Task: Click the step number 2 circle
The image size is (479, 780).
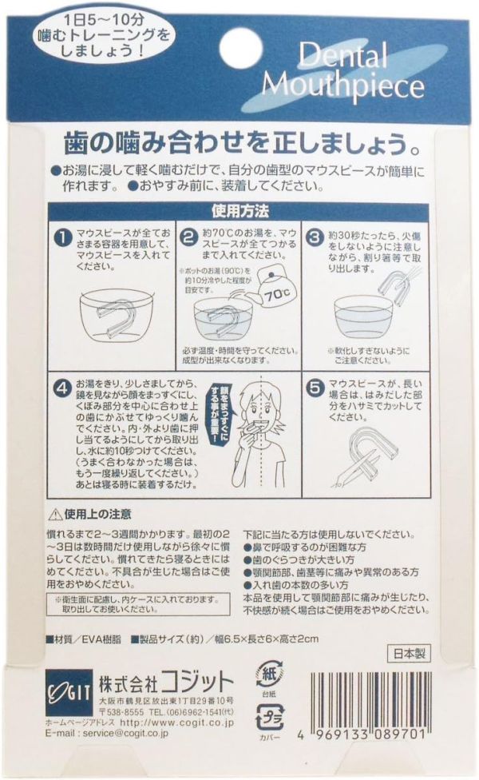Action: click(188, 237)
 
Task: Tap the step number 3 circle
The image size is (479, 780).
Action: click(315, 237)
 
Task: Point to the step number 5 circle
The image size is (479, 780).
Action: click(315, 391)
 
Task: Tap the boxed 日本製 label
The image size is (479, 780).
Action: click(407, 652)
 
